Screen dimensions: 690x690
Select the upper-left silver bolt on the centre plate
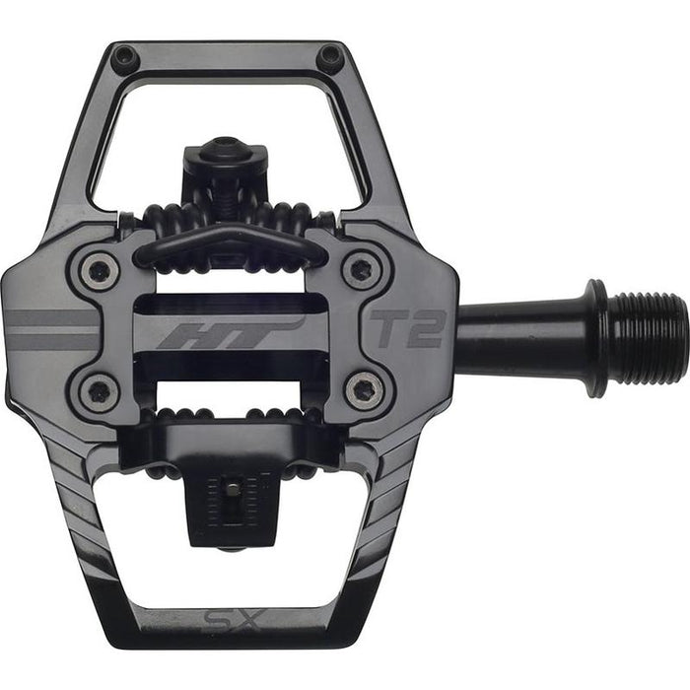pos(100,270)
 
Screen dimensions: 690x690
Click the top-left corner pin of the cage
pos(124,56)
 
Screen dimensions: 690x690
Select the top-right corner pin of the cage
pos(328,56)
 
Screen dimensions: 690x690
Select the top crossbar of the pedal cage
pos(227,61)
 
